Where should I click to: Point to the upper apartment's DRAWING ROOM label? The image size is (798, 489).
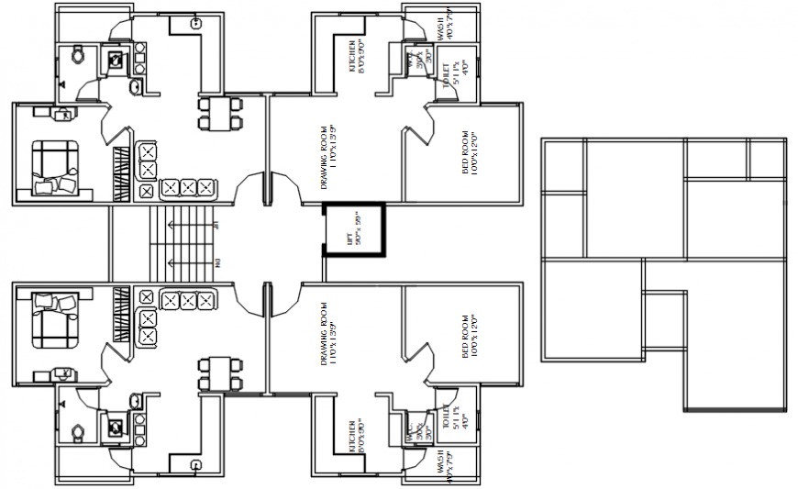coord(327,156)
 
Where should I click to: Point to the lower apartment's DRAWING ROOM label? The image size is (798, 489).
coord(327,335)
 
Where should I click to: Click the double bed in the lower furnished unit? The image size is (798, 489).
coord(55,321)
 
